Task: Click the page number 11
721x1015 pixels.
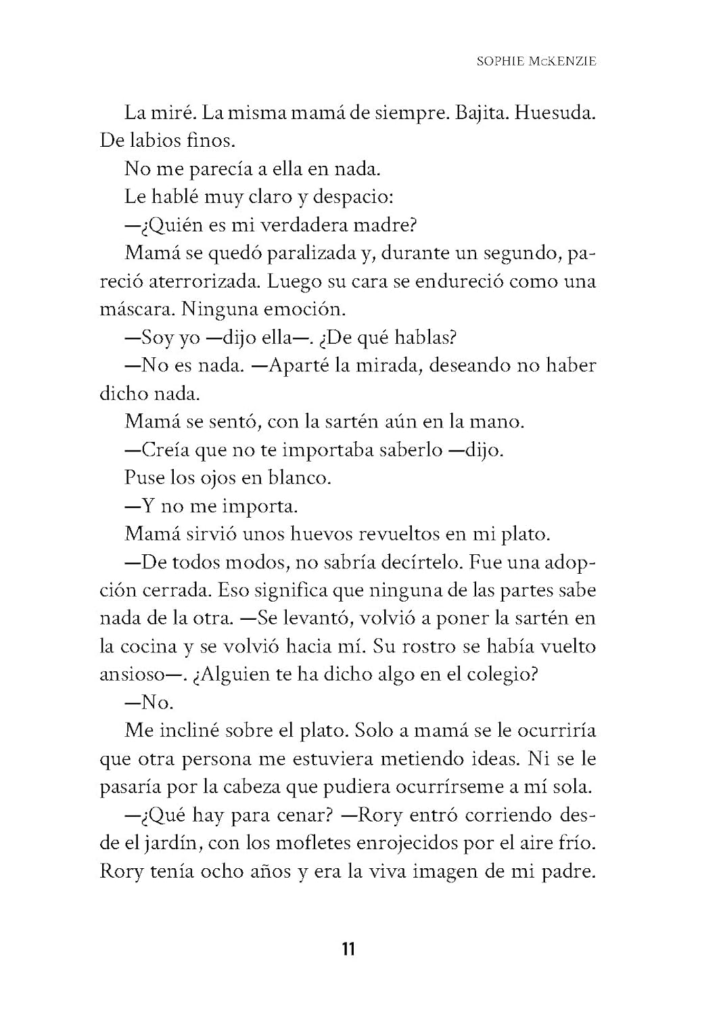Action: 348,949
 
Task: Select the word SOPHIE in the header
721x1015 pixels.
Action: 500,61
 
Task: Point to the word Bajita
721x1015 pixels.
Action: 481,112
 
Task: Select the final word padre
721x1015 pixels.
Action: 567,871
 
